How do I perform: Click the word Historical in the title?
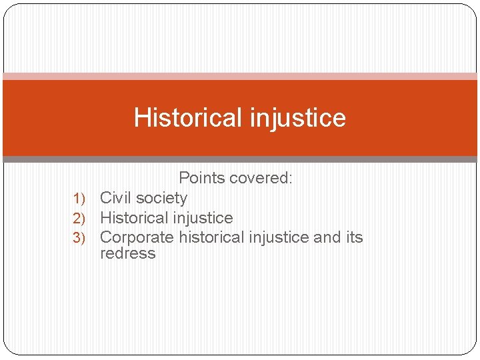point(189,118)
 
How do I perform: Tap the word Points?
point(202,178)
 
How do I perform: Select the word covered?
point(262,178)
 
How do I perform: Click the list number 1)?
point(79,198)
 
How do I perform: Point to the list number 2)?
point(79,218)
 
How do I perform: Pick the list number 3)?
point(79,238)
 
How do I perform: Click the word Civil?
point(115,198)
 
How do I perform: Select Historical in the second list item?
point(133,218)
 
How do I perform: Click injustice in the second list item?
point(202,218)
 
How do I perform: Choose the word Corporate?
point(137,237)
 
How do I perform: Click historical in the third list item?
point(210,237)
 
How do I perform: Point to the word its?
point(355,237)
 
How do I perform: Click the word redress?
point(127,253)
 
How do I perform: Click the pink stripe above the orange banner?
point(240,76)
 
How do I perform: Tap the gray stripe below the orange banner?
point(240,159)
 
